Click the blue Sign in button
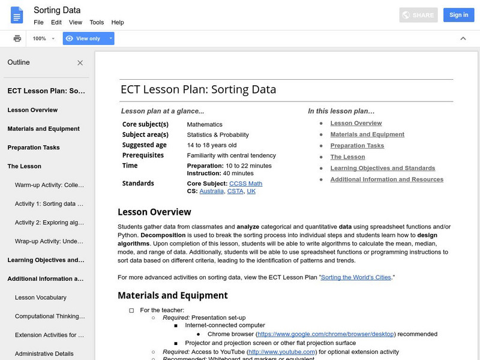[458, 15]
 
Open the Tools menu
[97, 22]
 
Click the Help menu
[118, 22]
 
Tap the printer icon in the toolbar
[17, 38]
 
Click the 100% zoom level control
[44, 38]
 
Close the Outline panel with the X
[80, 63]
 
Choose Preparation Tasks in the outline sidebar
[34, 148]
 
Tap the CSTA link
[235, 191]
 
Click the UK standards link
[251, 191]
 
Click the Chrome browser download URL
[326, 334]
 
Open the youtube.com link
[282, 352]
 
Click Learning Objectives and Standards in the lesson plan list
[382, 168]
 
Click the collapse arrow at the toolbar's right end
[463, 38]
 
